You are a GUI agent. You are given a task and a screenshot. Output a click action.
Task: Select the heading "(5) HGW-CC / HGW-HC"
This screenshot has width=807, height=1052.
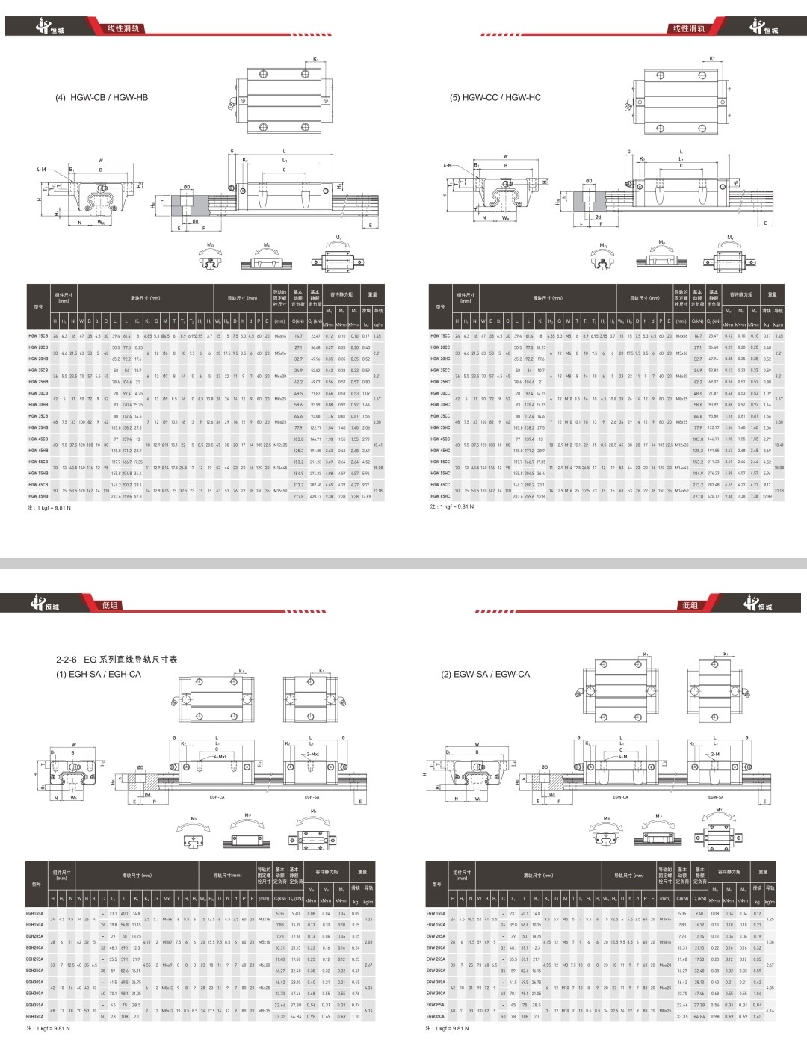point(495,98)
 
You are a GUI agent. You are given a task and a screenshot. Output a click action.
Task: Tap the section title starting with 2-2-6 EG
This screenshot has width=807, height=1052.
point(117,660)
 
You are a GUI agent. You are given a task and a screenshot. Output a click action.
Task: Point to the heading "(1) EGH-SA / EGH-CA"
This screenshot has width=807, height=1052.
point(99,674)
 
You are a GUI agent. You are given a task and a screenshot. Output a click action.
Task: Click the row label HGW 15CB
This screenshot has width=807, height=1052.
point(38,336)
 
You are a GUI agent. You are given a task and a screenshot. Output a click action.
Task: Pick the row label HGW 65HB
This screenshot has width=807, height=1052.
point(38,496)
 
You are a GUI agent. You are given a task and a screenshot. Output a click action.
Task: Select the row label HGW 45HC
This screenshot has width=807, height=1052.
point(440,451)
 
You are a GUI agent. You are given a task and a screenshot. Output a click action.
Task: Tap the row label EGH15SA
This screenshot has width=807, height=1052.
point(35,913)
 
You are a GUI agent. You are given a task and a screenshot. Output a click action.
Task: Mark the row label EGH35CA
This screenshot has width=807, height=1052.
point(35,1016)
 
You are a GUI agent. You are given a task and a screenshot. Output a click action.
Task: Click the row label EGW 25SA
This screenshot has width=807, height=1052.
point(436,959)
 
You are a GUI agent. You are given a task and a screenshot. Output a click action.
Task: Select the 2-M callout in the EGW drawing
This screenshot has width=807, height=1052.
point(715,755)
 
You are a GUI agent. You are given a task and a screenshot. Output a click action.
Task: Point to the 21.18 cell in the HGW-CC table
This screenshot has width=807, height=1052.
point(779,491)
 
